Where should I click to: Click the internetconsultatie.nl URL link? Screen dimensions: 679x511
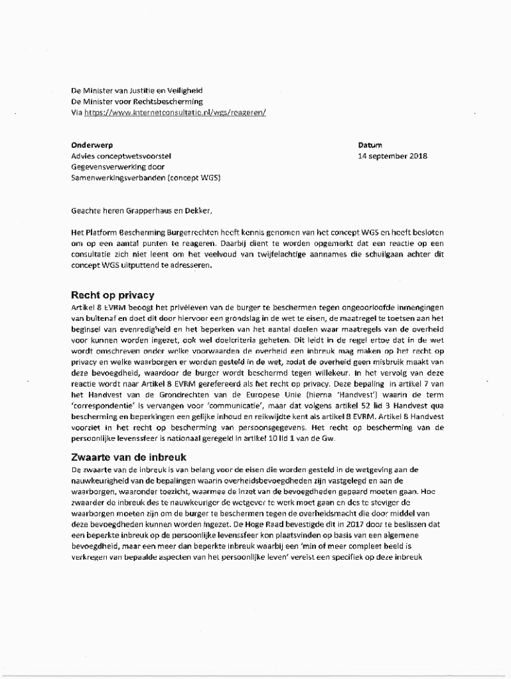tap(175, 113)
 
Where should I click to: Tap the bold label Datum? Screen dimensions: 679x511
tap(370, 145)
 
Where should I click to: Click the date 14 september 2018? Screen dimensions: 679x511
tap(392, 156)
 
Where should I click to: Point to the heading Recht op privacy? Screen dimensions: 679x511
tap(113, 295)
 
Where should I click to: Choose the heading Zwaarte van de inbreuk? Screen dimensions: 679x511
tap(129, 457)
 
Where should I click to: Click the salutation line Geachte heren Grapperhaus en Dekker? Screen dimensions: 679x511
tap(142, 211)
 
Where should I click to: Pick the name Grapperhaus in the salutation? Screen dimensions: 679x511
tap(142, 211)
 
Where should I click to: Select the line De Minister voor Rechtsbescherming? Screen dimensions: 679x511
tap(137, 101)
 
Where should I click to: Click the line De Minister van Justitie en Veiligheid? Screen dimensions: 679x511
tap(137, 90)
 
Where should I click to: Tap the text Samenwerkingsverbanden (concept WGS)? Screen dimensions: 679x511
tap(146, 178)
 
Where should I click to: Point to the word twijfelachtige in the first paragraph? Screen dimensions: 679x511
tap(246, 254)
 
